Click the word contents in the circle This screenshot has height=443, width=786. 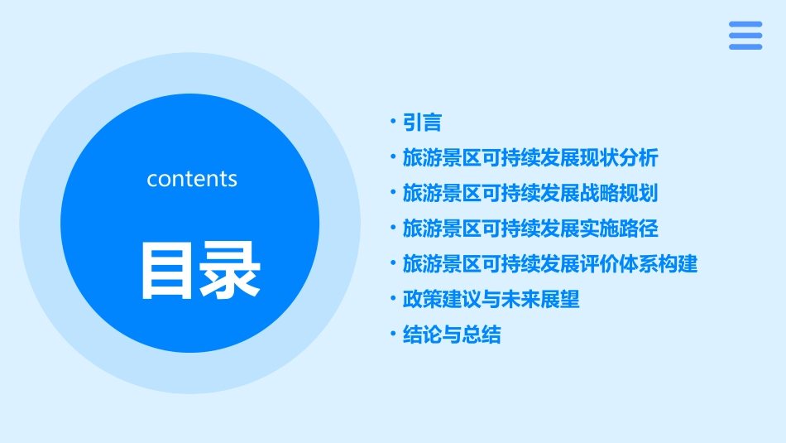(192, 179)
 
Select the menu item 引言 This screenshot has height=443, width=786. (422, 123)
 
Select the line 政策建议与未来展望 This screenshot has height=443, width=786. (491, 300)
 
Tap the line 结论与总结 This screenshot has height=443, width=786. (451, 335)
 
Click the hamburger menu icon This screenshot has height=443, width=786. (745, 36)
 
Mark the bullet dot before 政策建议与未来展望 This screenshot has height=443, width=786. (393, 298)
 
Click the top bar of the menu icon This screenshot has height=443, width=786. (745, 25)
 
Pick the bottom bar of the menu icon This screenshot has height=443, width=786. (745, 46)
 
